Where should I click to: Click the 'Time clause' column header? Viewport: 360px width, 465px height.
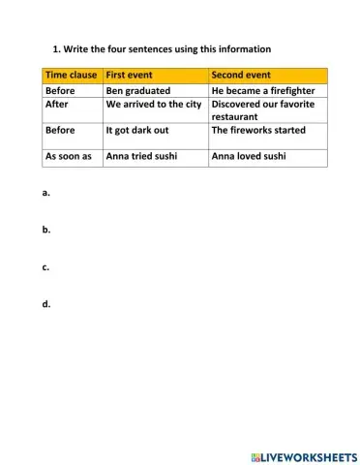pos(72,75)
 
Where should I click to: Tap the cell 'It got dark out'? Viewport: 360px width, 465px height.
pos(141,130)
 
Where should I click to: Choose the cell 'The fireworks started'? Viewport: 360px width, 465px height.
pos(257,130)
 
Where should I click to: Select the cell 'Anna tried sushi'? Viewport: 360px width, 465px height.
pos(145,155)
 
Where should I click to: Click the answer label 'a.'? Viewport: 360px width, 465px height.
pos(46,193)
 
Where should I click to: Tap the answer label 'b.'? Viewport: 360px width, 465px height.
pos(46,230)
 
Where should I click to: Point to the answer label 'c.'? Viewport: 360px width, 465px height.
pos(46,266)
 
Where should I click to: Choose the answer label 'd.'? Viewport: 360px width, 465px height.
pos(46,303)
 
